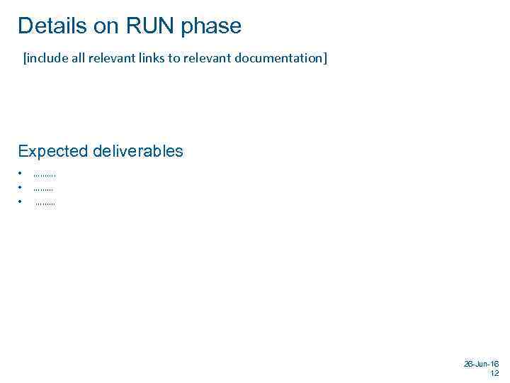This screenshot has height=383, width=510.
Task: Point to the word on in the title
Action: [105, 26]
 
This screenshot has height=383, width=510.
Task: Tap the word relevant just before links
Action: [115, 57]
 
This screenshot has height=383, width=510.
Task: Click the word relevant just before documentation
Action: [208, 57]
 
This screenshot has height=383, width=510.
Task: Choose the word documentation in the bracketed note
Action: [280, 57]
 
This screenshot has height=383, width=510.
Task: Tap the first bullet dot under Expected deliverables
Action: [21, 173]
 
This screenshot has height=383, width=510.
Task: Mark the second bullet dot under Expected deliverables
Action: [21, 188]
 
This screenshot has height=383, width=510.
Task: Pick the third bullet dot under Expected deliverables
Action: [21, 202]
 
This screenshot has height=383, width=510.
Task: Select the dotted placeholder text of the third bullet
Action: [45, 204]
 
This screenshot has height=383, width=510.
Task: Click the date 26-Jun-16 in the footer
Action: [481, 363]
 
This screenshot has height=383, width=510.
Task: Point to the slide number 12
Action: [494, 373]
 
